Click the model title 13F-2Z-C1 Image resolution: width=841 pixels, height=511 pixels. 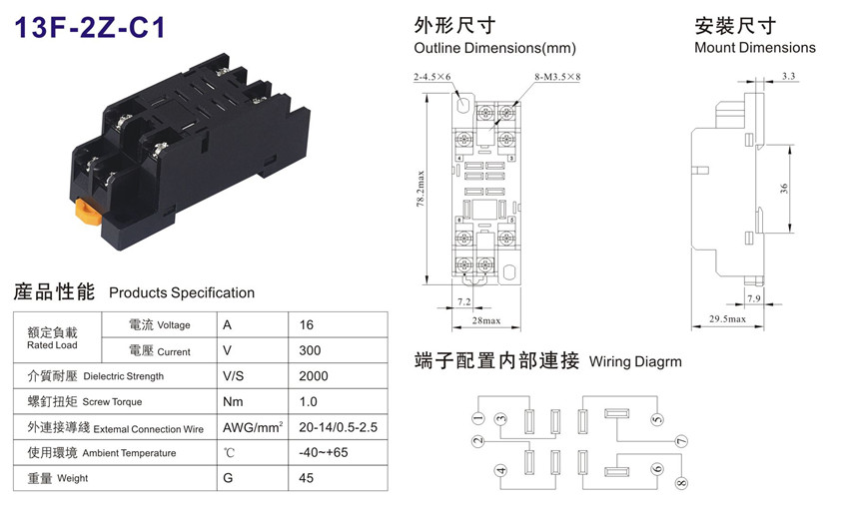[90, 27]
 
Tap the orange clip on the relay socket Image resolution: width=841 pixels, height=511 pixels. [88, 211]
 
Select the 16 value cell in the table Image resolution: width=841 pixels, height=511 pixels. [307, 325]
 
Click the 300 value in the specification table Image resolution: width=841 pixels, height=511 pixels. [310, 350]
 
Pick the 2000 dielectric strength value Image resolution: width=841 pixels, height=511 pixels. [314, 376]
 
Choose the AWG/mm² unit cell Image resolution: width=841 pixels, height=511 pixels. [253, 427]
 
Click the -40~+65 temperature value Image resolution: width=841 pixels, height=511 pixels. [324, 452]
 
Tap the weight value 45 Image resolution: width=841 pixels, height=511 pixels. [307, 478]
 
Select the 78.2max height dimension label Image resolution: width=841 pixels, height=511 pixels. [420, 189]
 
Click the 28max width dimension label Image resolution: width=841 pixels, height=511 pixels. [486, 320]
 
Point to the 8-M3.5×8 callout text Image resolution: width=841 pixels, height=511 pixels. [557, 77]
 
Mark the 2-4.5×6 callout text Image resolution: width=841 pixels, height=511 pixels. [432, 77]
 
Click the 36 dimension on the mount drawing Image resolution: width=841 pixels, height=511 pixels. [784, 189]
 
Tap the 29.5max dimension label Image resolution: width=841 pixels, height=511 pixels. [727, 319]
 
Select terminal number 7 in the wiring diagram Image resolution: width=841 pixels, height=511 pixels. [681, 441]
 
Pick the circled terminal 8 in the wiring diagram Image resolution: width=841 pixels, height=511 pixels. [681, 483]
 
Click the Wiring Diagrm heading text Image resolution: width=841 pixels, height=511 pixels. [635, 362]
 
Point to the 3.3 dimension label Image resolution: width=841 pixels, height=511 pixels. [788, 76]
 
